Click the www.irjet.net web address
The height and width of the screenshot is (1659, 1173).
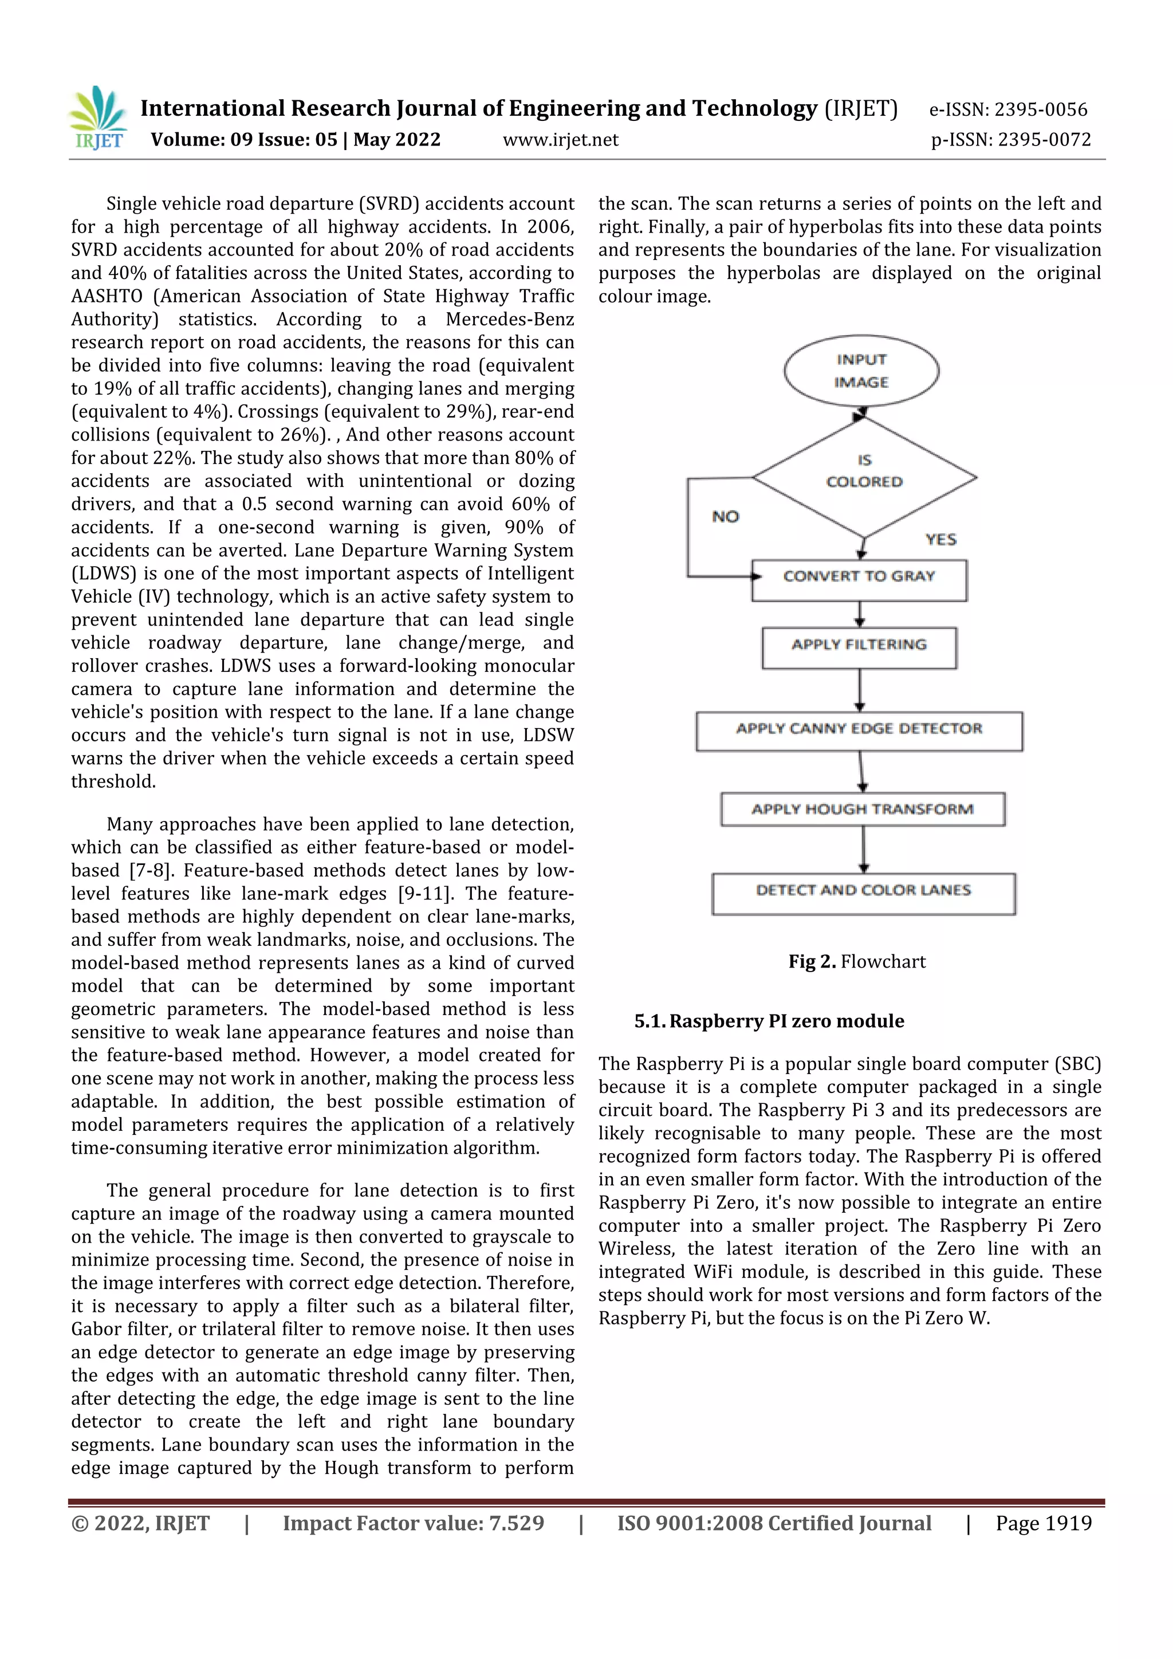561,139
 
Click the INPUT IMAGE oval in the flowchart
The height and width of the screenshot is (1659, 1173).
861,371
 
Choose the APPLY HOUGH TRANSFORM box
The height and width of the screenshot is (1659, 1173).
863,809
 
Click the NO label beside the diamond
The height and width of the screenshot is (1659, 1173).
725,517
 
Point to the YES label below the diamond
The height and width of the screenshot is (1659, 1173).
940,539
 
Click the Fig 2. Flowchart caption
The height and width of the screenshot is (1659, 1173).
857,961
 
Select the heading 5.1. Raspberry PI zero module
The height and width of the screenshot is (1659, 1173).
769,1020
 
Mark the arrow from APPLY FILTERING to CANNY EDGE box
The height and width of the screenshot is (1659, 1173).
860,690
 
